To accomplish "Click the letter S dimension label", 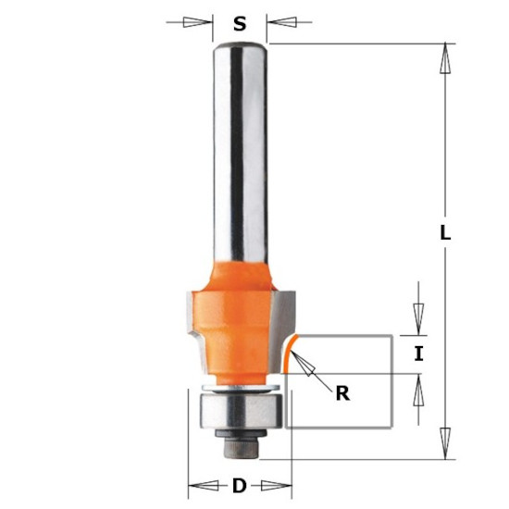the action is pyautogui.click(x=240, y=24).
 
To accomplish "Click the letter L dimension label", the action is pyautogui.click(x=445, y=232).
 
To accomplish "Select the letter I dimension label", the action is pyautogui.click(x=418, y=354).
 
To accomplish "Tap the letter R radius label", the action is pyautogui.click(x=342, y=393).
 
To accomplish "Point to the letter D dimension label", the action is pyautogui.click(x=240, y=486).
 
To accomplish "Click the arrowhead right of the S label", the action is pyautogui.click(x=281, y=22).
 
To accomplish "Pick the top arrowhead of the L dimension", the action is pyautogui.click(x=445, y=58).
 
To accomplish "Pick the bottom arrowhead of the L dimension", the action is pyautogui.click(x=445, y=443).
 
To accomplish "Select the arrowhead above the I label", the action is pyautogui.click(x=418, y=319).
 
